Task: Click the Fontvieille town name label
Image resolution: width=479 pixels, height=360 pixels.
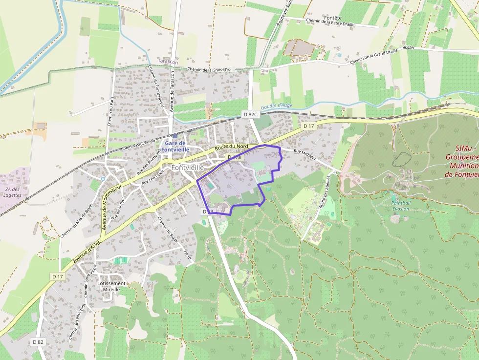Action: pyautogui.click(x=188, y=167)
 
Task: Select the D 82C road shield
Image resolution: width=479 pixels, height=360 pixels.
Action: pyautogui.click(x=250, y=114)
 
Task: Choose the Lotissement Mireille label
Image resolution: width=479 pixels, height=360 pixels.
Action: pyautogui.click(x=111, y=286)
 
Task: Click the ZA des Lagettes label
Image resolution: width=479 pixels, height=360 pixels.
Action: pyautogui.click(x=13, y=192)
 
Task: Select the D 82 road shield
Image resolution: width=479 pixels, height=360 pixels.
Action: pyautogui.click(x=38, y=342)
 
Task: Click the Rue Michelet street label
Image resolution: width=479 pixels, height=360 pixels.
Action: pyautogui.click(x=305, y=155)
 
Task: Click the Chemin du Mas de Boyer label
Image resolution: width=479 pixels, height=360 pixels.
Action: pyautogui.click(x=76, y=220)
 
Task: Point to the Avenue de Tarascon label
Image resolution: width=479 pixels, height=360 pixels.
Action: pyautogui.click(x=172, y=90)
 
